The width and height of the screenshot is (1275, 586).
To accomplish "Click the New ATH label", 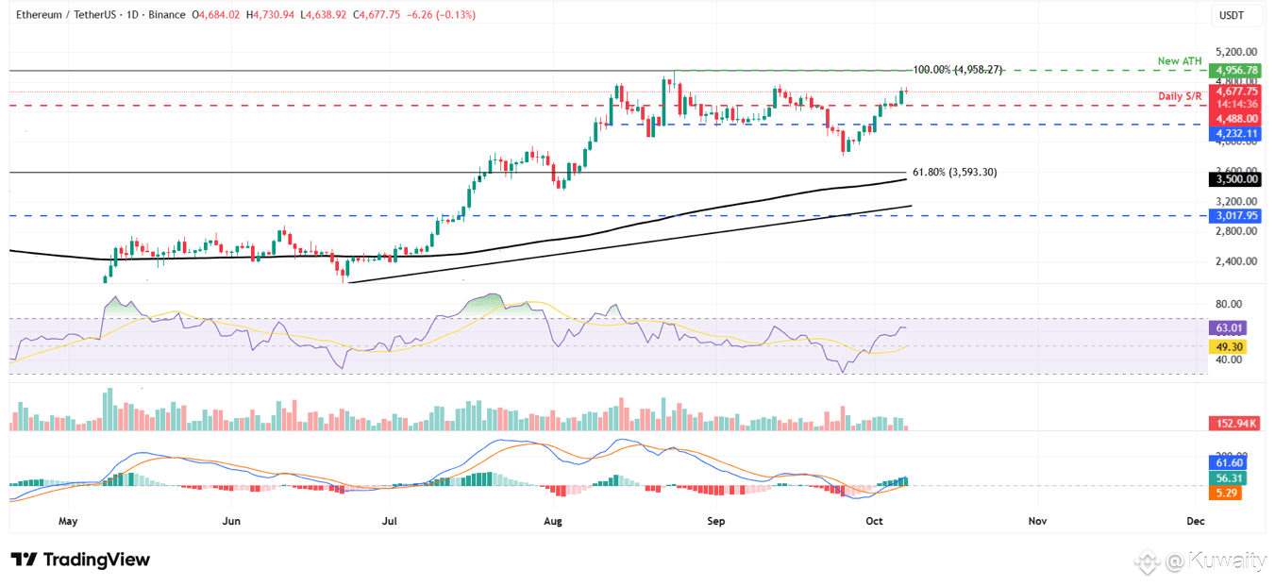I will click(x=1181, y=61).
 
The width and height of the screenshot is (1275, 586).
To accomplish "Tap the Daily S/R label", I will click(x=1181, y=96).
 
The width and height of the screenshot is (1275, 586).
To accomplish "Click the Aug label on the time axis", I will click(x=554, y=520).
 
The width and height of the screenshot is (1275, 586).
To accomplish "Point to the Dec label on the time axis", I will click(x=1196, y=520).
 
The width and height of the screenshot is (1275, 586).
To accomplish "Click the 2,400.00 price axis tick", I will click(x=1236, y=261).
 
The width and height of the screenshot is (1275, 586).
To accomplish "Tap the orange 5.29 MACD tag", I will click(x=1228, y=493).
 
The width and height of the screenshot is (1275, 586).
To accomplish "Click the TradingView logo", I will click(x=80, y=560).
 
